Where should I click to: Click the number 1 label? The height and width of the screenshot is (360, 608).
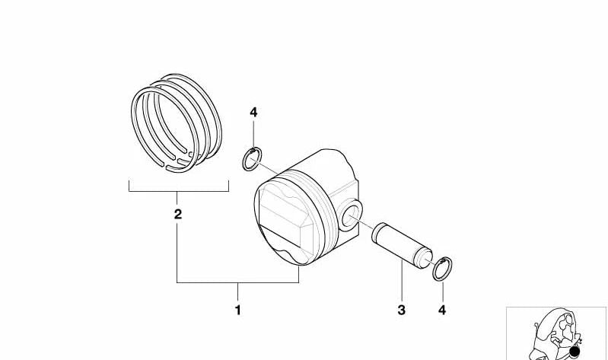[237, 310]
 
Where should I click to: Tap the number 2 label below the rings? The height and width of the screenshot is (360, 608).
[177, 214]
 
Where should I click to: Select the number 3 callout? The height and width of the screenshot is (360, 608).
[401, 310]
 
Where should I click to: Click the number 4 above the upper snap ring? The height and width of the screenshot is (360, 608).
[253, 113]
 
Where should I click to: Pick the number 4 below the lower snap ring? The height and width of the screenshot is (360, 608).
[442, 310]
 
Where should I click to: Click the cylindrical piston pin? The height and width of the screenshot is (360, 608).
[402, 245]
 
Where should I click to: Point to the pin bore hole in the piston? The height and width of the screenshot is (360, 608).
[351, 215]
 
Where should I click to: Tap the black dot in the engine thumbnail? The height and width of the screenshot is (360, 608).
[575, 352]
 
